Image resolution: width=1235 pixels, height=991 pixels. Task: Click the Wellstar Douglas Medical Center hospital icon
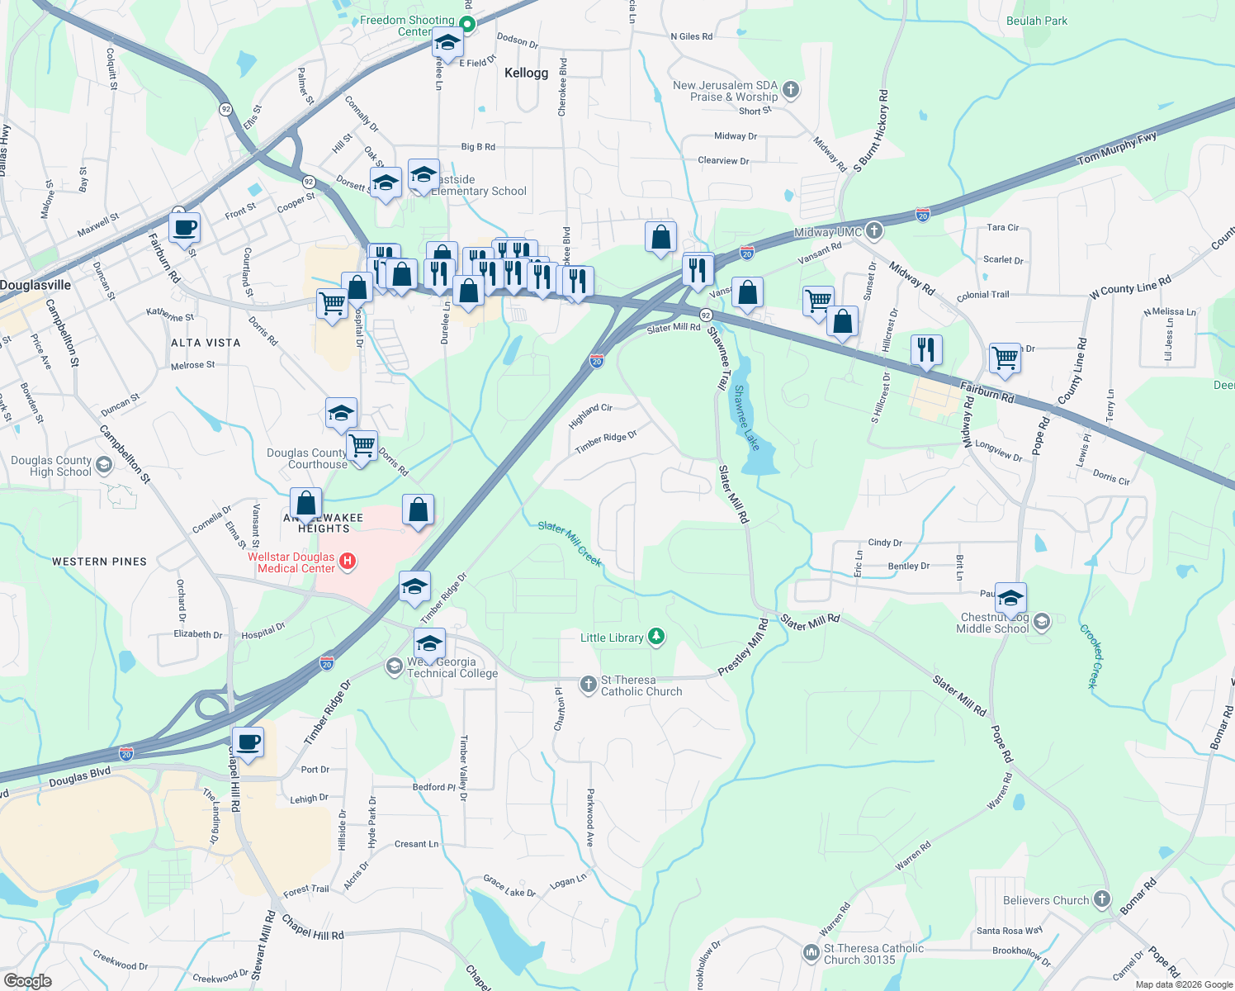tap(348, 562)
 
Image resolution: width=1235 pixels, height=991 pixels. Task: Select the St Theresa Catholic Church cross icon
tap(588, 684)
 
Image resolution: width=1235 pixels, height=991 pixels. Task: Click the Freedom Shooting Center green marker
tap(467, 25)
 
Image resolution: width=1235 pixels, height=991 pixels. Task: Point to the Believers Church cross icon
tap(1101, 899)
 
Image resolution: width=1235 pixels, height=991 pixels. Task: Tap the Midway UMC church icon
tap(874, 231)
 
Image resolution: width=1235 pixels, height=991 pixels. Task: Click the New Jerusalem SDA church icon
tap(790, 90)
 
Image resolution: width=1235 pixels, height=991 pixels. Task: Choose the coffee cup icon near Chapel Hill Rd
tap(248, 742)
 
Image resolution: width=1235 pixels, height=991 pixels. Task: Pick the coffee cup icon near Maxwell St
tap(185, 227)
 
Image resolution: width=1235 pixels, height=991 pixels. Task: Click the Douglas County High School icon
tap(104, 465)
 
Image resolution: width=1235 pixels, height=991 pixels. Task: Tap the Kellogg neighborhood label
tap(526, 73)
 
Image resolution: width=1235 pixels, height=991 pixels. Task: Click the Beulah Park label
tap(1037, 21)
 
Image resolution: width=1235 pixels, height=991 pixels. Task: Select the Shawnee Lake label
tap(746, 418)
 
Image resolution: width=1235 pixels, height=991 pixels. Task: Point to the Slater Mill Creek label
tap(570, 543)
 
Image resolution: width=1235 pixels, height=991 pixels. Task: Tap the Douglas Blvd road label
tap(79, 777)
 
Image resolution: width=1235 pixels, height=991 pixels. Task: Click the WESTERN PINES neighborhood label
tap(99, 562)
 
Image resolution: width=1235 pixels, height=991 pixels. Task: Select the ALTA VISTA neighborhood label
tap(206, 343)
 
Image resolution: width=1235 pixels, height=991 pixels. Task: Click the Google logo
tap(27, 980)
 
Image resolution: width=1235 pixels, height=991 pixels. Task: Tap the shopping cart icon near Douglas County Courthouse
tap(362, 445)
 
